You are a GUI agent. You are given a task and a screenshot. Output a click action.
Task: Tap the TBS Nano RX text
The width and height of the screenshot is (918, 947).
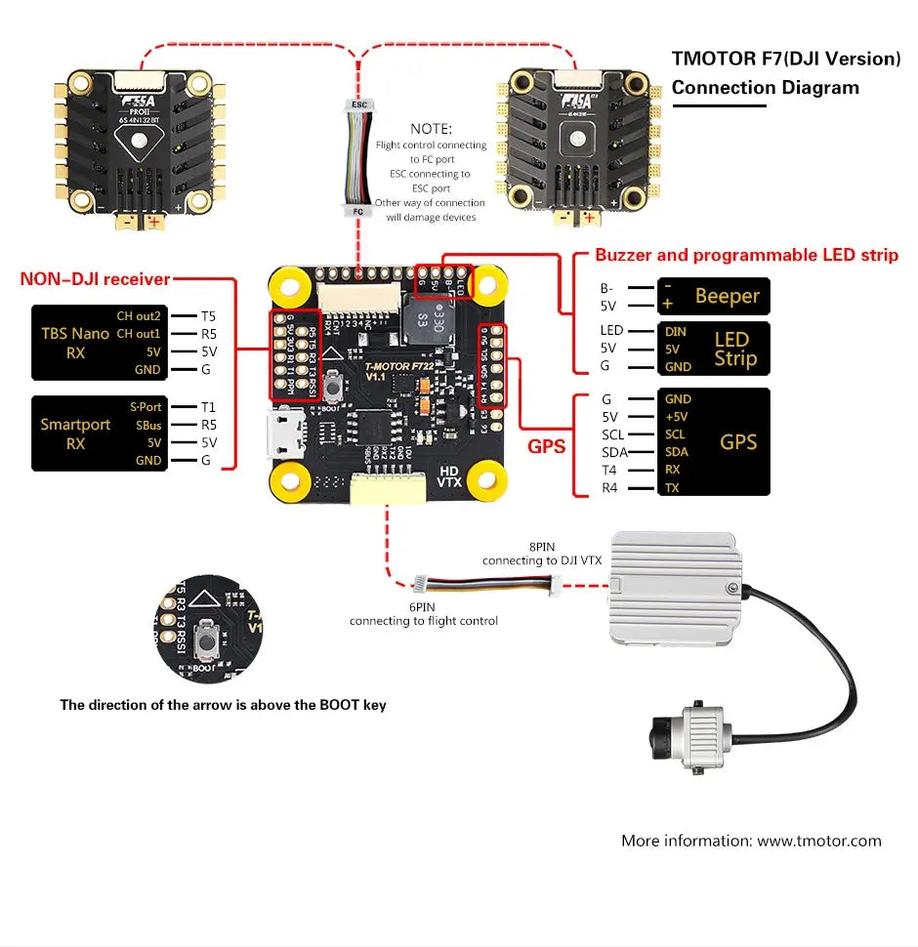(x=75, y=343)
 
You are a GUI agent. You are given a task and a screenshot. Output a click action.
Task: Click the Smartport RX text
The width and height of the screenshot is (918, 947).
(x=75, y=433)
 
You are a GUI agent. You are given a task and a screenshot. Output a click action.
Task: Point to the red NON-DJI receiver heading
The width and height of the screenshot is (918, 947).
(x=95, y=279)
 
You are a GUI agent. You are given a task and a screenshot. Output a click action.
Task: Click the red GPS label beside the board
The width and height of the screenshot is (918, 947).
(x=547, y=446)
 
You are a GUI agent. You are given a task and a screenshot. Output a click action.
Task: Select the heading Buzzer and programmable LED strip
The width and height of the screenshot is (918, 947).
(x=746, y=256)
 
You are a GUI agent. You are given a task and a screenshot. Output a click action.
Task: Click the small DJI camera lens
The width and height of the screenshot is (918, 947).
(x=655, y=733)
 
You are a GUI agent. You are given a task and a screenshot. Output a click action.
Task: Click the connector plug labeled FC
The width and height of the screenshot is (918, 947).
(x=357, y=209)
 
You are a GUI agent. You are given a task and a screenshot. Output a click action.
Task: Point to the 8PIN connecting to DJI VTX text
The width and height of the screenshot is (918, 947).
(x=541, y=554)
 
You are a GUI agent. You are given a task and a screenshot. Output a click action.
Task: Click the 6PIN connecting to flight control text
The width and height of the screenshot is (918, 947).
(x=424, y=614)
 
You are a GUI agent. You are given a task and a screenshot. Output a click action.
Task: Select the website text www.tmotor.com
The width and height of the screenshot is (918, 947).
(x=819, y=841)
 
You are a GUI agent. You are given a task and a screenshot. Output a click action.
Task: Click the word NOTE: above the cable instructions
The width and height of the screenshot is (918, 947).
(x=431, y=129)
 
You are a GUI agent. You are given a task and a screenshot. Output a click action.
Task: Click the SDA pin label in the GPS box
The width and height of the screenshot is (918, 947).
(x=676, y=452)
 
